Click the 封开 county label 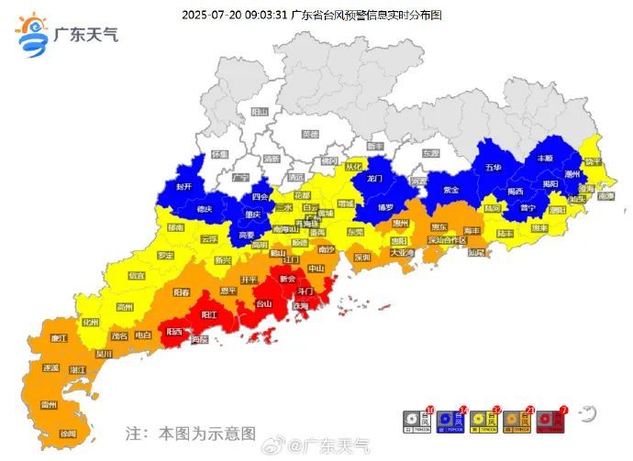(183, 186)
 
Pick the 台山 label (263, 303)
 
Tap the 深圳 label (362, 257)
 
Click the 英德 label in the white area (310, 134)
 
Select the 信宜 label (136, 275)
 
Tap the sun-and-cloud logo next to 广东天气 (31, 35)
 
